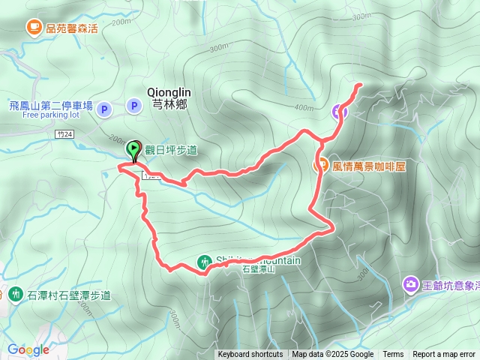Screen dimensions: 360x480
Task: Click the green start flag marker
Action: pos(134,149)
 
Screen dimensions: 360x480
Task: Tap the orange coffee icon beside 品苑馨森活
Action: pos(34,28)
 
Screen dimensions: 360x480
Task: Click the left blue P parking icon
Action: pos(104,109)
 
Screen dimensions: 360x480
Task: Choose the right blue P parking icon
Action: pos(134,106)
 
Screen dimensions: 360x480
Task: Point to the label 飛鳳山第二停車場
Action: pos(51,106)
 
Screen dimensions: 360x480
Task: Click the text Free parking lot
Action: pos(51,115)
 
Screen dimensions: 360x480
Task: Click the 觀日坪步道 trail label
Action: pos(171,150)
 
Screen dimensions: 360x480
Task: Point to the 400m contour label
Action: pos(304,107)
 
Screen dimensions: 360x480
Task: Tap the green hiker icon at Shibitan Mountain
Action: pos(205,262)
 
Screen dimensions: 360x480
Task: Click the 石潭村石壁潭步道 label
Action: pos(69,295)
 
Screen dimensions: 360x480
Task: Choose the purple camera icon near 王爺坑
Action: pos(410,284)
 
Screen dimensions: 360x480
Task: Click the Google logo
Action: pos(28,349)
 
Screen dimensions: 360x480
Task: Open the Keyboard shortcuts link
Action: pos(250,355)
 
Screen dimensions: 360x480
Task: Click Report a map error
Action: pos(445,355)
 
